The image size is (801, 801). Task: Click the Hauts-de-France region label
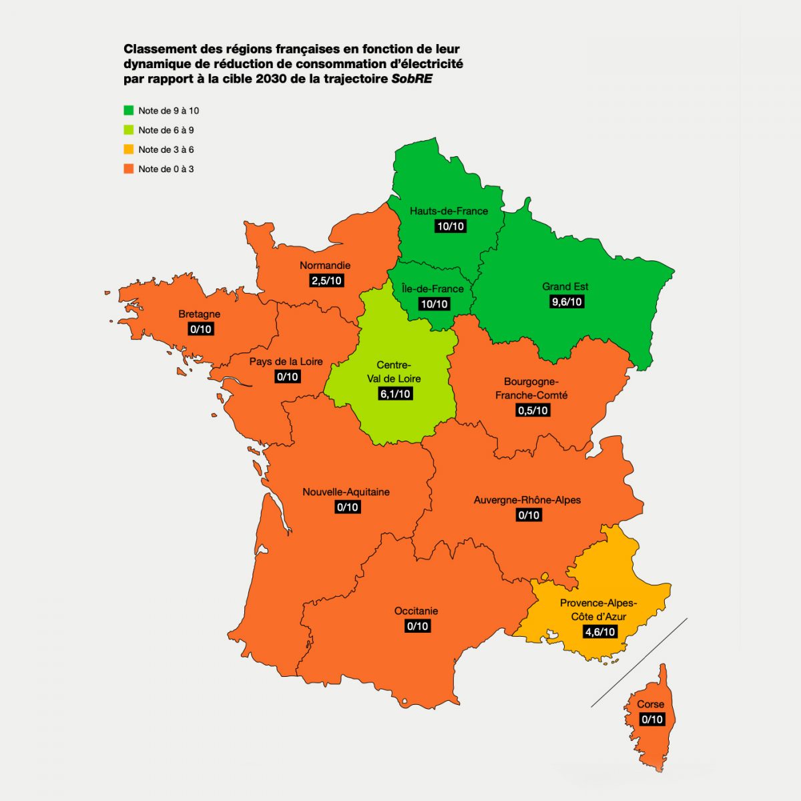449,211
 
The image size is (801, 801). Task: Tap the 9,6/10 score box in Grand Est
566,302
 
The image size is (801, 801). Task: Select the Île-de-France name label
433,289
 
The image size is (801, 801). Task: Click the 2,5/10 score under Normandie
326,280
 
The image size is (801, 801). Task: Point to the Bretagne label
199,314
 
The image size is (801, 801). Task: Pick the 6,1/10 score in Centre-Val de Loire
395,394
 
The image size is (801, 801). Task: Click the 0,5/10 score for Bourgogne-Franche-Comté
533,411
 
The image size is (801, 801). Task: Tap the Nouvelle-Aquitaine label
346,492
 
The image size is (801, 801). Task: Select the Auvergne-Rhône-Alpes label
527,500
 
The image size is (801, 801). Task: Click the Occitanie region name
416,611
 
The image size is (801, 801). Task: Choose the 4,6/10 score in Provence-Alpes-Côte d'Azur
599,631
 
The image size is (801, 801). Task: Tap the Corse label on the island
650,704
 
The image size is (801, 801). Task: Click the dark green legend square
129,110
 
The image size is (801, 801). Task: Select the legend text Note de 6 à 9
166,130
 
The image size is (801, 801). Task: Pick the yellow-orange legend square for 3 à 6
129,150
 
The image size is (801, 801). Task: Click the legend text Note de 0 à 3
166,169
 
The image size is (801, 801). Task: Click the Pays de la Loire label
286,362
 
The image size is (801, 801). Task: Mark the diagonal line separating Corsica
639,662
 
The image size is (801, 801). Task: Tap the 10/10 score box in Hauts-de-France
450,226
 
